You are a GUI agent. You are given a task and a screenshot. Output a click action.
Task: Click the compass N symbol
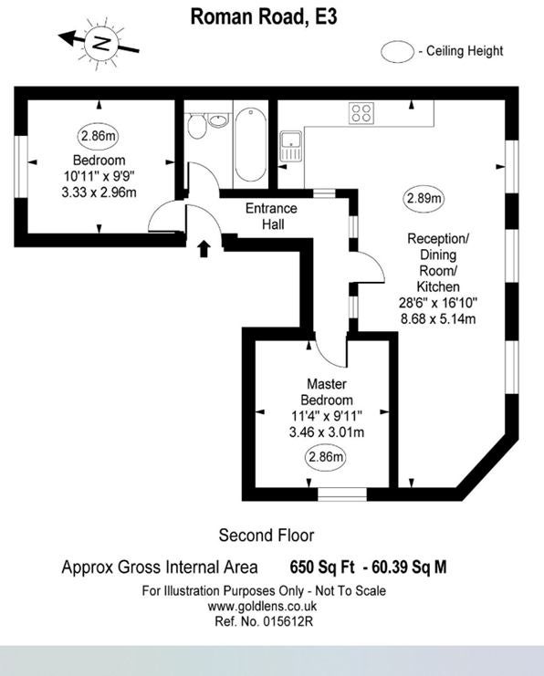coord(101,43)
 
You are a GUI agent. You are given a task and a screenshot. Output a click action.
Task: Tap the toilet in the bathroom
coord(197,126)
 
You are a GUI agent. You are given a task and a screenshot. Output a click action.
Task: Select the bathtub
coord(251,144)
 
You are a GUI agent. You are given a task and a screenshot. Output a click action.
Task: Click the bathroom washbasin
coord(218,120)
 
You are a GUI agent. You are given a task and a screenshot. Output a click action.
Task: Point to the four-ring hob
coord(361,113)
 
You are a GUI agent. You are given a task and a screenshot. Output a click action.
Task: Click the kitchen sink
coord(291,146)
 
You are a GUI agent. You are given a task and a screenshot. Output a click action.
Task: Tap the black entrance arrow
coord(204,249)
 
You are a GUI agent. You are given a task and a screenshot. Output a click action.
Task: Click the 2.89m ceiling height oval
coord(424,199)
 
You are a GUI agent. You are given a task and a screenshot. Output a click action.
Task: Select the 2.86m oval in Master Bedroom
coord(326,456)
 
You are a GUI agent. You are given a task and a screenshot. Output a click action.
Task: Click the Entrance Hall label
coord(271,216)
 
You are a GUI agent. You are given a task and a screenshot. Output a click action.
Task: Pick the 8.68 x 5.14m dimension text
coord(438,319)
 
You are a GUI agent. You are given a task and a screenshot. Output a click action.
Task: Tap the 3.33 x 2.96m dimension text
coord(99,192)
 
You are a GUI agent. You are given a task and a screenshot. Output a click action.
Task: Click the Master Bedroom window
coord(342,494)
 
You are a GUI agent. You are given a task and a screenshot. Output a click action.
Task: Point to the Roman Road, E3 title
coord(264,17)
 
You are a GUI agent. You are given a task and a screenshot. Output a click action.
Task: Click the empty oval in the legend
coord(397,52)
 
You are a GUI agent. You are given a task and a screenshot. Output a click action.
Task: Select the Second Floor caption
coord(267,536)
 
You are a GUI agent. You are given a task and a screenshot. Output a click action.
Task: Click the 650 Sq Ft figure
coord(322,567)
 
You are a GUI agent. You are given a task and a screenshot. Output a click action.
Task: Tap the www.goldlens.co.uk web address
coord(262,606)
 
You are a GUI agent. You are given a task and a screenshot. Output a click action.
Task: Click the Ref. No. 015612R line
coord(264,621)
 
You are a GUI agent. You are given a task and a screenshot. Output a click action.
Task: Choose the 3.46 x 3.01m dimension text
coord(327,432)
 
